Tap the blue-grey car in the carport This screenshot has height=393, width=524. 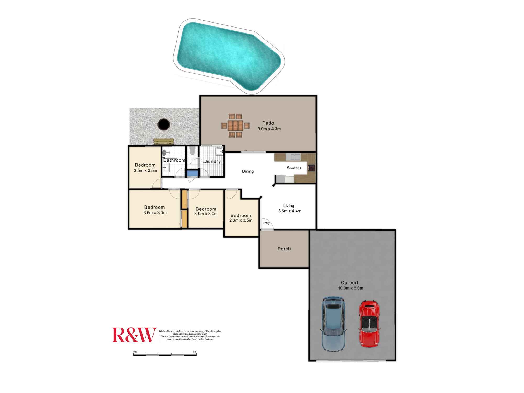[333, 324]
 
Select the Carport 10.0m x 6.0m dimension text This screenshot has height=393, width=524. [350, 288]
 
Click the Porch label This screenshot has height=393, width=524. [284, 249]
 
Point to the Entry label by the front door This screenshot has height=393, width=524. [266, 223]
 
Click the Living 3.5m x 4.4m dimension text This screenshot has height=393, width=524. [290, 211]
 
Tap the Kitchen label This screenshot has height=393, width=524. [294, 168]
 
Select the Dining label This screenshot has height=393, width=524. [248, 171]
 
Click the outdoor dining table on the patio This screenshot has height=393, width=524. [235, 125]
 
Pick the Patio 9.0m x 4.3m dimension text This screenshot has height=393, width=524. [269, 129]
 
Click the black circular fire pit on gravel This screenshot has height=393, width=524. [164, 124]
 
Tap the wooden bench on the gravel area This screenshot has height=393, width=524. [164, 141]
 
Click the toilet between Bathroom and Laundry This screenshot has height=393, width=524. [193, 151]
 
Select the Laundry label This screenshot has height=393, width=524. [211, 162]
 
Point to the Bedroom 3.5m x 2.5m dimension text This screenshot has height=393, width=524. [145, 171]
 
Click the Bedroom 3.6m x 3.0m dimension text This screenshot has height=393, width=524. [155, 213]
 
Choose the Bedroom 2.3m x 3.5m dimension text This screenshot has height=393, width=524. [241, 220]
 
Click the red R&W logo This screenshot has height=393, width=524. [134, 335]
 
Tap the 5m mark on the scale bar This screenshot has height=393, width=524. [195, 352]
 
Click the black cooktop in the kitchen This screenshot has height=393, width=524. [312, 168]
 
